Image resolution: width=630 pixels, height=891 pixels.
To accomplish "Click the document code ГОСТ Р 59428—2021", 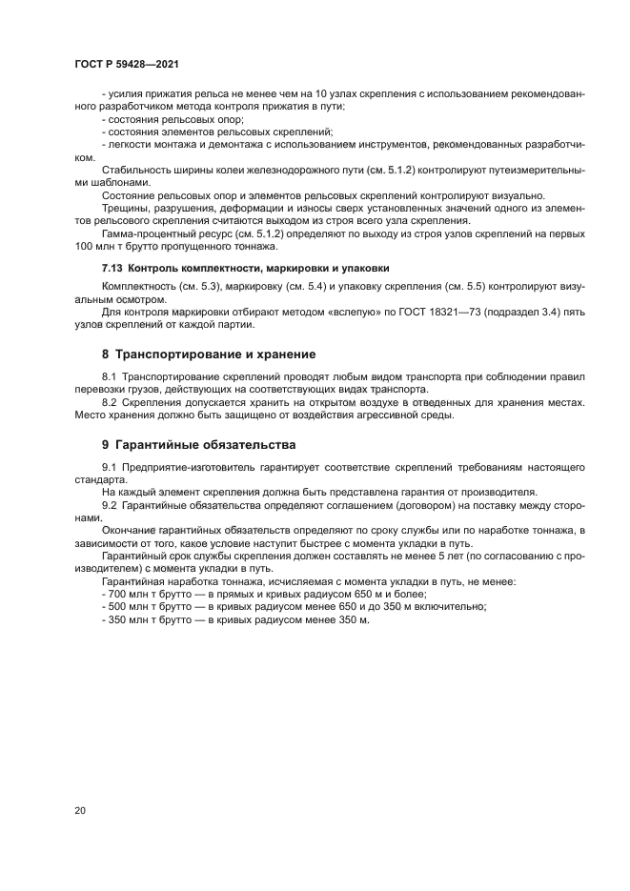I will coord(126,63).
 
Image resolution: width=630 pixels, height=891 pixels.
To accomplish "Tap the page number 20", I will coord(79,810).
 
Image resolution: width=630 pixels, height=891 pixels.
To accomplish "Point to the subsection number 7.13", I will coord(112,268).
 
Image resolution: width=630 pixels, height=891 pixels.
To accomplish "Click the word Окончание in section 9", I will coord(129,530).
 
